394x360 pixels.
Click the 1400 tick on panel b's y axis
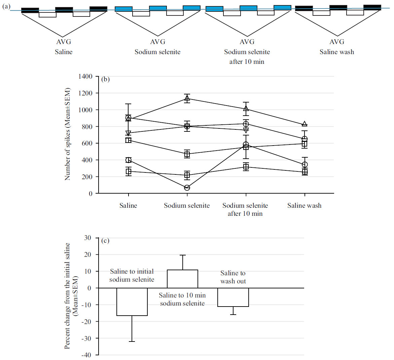[x=85, y=77]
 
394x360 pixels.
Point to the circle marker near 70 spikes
[x=187, y=188]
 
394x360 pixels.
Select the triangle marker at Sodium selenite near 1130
[x=187, y=98]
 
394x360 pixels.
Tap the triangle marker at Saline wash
[x=305, y=124]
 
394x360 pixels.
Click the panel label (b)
[x=105, y=79]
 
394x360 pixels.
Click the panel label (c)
[x=105, y=241]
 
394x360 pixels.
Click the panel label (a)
[x=6, y=6]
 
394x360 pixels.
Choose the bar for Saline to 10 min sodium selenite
[x=182, y=279]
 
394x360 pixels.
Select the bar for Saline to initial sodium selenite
[x=132, y=302]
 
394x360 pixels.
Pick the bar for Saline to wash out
[x=233, y=297]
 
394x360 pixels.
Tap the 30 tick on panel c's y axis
[x=87, y=238]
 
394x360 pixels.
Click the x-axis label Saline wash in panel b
[x=304, y=205]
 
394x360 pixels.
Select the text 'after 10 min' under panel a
[x=247, y=62]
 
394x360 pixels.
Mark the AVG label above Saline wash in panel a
[x=337, y=42]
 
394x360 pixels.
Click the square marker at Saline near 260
[x=129, y=171]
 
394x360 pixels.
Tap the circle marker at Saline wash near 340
[x=305, y=165]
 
